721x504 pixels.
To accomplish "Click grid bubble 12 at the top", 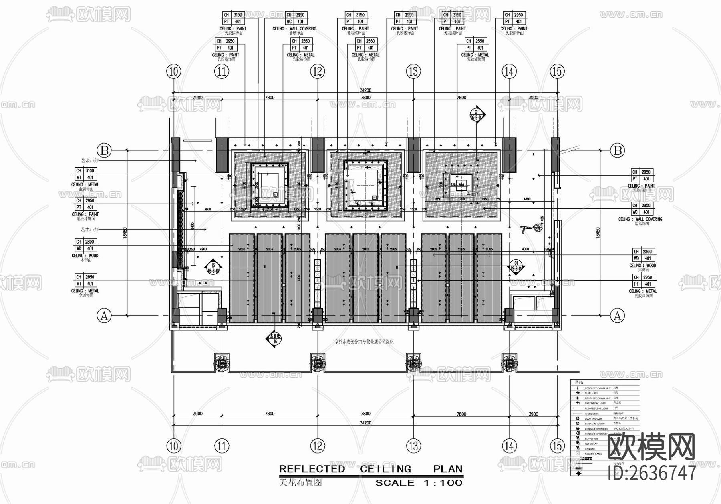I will tap(318, 72).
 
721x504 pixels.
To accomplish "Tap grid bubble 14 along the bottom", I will tap(509, 445).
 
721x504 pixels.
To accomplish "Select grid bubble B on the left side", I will tap(105, 150).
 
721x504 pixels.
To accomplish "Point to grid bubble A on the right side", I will tap(617, 316).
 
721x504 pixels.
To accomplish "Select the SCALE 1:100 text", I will tap(419, 483).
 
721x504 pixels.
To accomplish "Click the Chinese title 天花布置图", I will tap(300, 482).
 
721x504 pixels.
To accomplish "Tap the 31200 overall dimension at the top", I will tap(365, 90).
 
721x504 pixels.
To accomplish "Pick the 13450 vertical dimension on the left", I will tap(125, 233).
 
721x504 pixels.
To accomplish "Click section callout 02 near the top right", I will tap(477, 114).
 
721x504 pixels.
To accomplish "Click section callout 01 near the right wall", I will tap(516, 266).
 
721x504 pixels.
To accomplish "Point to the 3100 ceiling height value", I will tap(90, 171).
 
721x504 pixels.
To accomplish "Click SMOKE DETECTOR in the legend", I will tap(595, 424).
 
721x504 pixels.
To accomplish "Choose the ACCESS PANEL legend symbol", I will tap(578, 454).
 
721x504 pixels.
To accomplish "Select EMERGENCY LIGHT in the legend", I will tap(595, 403).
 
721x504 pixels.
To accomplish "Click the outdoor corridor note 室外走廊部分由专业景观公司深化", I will tap(364, 342).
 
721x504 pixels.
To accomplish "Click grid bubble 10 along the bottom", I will tap(173, 445).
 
